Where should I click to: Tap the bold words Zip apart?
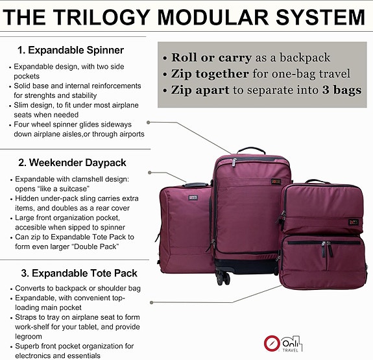point(199,91)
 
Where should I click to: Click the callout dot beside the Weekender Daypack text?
point(150,173)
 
